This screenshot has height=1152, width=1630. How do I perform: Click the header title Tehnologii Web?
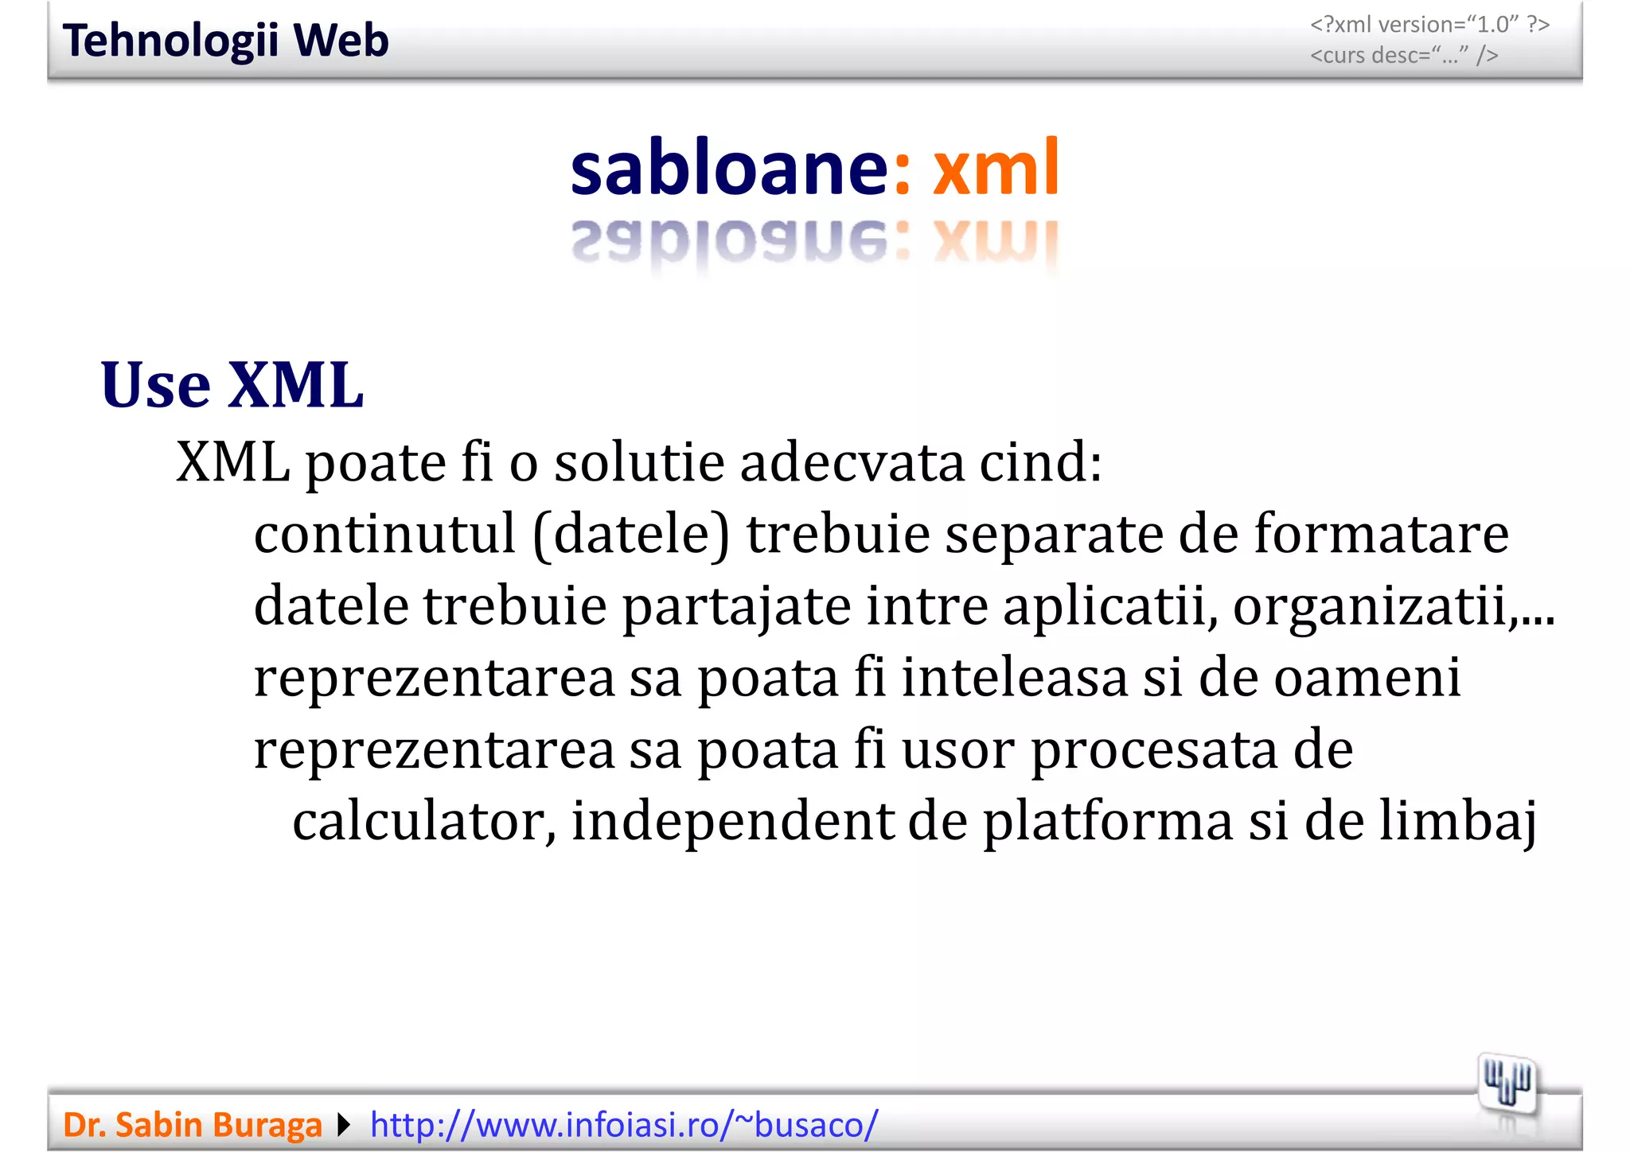tap(225, 41)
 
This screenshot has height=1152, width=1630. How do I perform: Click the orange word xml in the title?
tap(995, 168)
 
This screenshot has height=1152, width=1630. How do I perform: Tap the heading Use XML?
tap(232, 386)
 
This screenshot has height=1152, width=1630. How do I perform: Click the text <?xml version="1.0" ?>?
tap(1429, 25)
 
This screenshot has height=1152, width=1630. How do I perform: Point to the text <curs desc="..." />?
tap(1404, 56)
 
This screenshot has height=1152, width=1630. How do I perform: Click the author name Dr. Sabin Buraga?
tap(192, 1125)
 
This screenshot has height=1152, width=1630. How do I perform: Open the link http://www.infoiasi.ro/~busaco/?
tap(624, 1125)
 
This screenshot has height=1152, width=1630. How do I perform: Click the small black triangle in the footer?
tap(344, 1125)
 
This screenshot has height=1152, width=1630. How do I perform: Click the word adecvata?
tap(852, 462)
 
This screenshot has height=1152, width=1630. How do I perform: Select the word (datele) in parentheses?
tap(630, 534)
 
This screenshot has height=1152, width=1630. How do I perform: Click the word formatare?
tap(1381, 534)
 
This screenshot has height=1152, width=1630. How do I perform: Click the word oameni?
tap(1367, 678)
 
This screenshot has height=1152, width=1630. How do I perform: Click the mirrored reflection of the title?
tap(814, 243)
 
